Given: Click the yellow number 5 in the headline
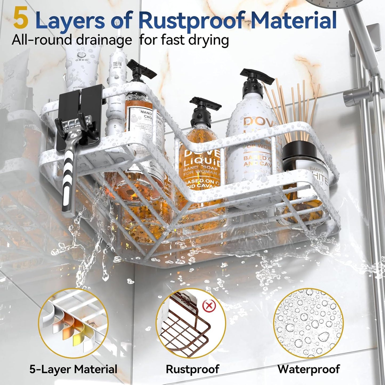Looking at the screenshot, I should coord(21,18).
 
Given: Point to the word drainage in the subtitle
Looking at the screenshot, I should coord(104,40).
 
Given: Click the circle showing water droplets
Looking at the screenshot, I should coord(308,323).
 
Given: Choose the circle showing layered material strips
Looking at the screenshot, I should coord(73,323).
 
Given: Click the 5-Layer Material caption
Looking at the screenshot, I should coord(73,369).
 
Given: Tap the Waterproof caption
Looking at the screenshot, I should coord(309,369).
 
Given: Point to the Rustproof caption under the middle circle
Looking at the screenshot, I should coord(192,369).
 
